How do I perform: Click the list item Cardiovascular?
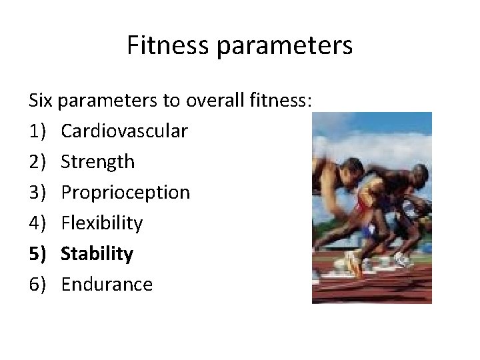coord(124,131)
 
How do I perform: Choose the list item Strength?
coord(98,162)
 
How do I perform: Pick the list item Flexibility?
coord(102,223)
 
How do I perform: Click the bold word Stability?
coord(97,254)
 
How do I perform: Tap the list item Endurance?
coord(107,285)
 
